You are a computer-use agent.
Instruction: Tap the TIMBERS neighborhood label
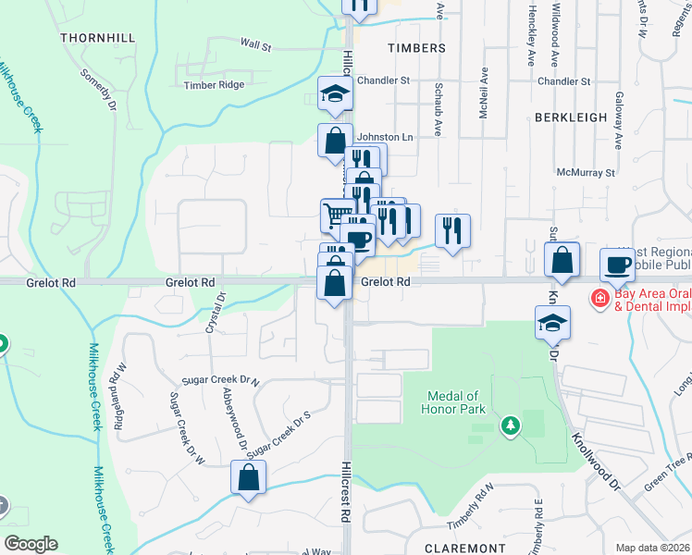(x=416, y=47)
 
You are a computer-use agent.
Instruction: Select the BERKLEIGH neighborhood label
(x=571, y=117)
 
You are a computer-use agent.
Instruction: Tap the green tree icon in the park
(x=509, y=425)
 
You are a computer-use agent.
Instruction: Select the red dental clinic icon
(x=599, y=299)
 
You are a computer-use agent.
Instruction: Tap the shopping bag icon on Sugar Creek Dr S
(x=248, y=478)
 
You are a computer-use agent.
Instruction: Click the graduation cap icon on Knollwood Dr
(x=552, y=323)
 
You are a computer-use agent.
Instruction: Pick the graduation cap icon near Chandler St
(x=333, y=93)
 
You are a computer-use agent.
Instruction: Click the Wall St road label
(x=255, y=43)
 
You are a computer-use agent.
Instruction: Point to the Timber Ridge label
(x=214, y=85)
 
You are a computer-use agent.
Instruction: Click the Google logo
(x=31, y=544)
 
